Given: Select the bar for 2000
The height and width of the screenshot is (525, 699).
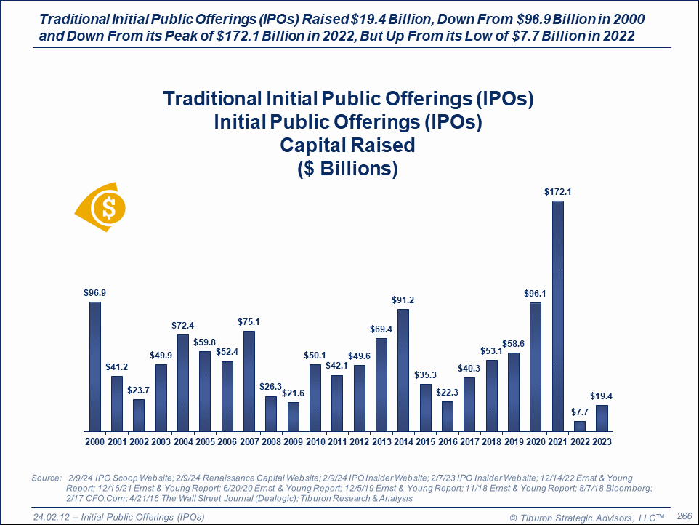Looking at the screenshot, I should coord(94,366).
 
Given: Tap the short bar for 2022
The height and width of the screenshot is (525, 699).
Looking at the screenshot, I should coord(578,425).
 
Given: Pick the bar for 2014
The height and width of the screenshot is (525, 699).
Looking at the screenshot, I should coord(403,370).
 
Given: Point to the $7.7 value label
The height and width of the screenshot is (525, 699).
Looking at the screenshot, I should coord(578,412).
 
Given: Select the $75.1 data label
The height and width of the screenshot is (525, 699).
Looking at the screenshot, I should coord(249,322).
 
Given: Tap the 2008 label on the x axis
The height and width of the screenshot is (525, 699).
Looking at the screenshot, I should coord(271,441).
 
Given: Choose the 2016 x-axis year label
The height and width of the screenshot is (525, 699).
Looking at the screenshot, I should coord(447,441).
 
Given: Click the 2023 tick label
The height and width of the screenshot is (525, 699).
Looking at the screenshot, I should coord(601,441).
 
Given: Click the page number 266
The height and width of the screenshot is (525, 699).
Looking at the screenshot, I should coord(684,516).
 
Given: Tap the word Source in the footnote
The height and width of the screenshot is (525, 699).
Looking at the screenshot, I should coord(46,478).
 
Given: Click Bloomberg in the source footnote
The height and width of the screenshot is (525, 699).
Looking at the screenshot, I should coord(627,488).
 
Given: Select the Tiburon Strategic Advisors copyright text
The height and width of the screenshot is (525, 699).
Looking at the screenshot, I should coord(587,516).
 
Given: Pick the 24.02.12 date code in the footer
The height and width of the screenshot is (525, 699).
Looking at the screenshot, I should coord(54,516).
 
